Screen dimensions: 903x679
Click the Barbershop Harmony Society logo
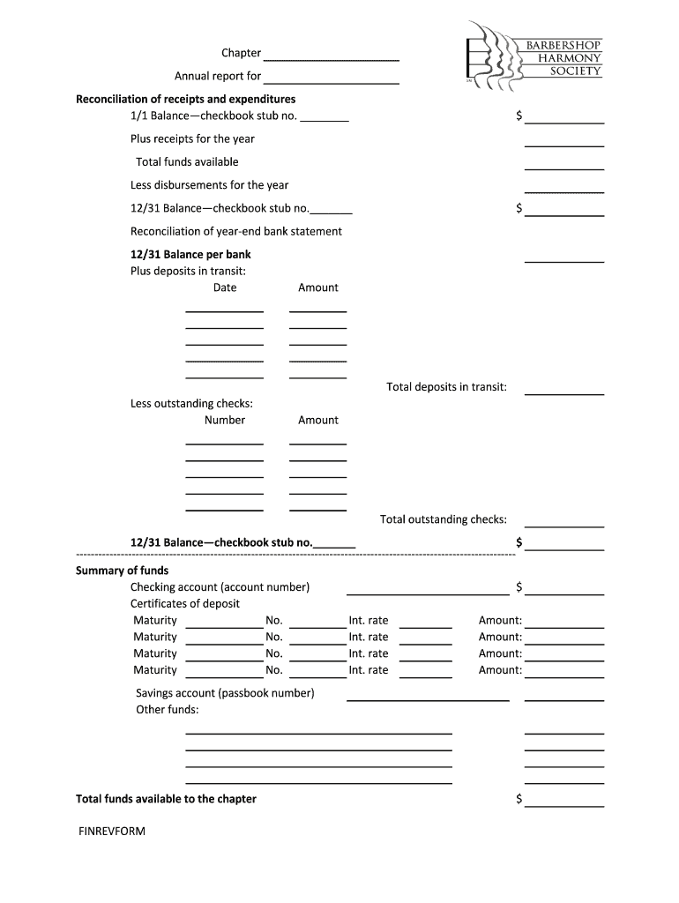(x=534, y=58)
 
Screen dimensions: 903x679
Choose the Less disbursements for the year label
(x=209, y=185)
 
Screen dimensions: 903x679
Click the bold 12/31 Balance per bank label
(x=190, y=255)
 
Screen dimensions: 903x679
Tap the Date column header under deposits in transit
(x=225, y=287)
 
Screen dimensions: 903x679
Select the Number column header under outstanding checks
(x=225, y=420)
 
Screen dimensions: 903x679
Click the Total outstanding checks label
(x=443, y=519)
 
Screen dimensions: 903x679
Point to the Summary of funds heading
(x=122, y=571)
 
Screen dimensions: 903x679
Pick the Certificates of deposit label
(x=185, y=604)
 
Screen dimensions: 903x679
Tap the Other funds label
(x=167, y=710)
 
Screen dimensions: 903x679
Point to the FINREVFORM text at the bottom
(x=111, y=831)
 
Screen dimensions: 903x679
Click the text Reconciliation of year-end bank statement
(x=236, y=232)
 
